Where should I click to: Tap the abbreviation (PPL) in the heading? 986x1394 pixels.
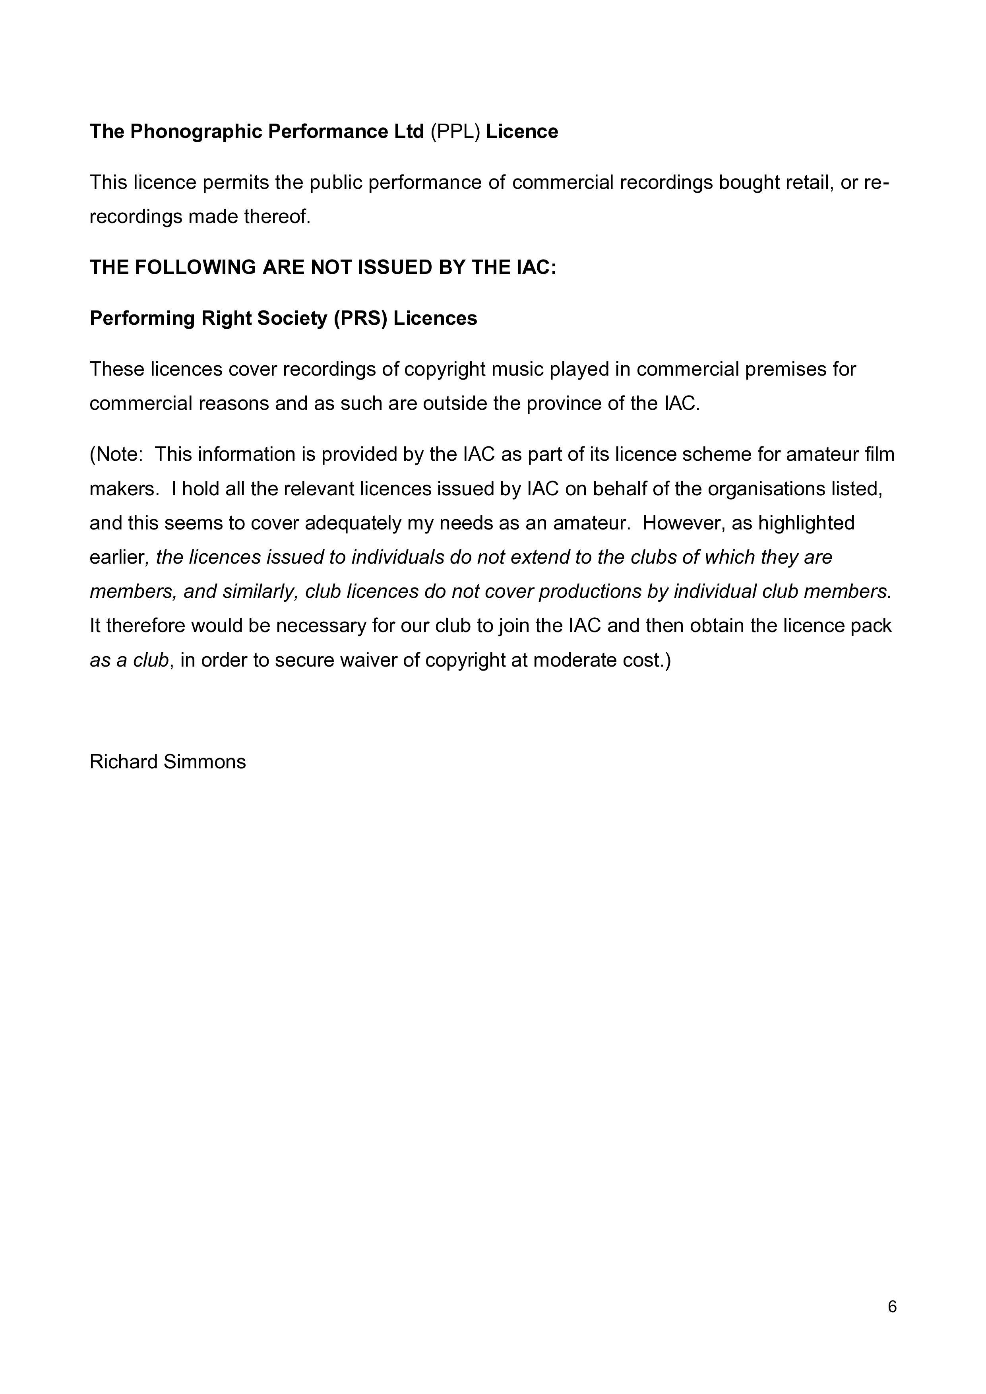(x=455, y=132)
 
